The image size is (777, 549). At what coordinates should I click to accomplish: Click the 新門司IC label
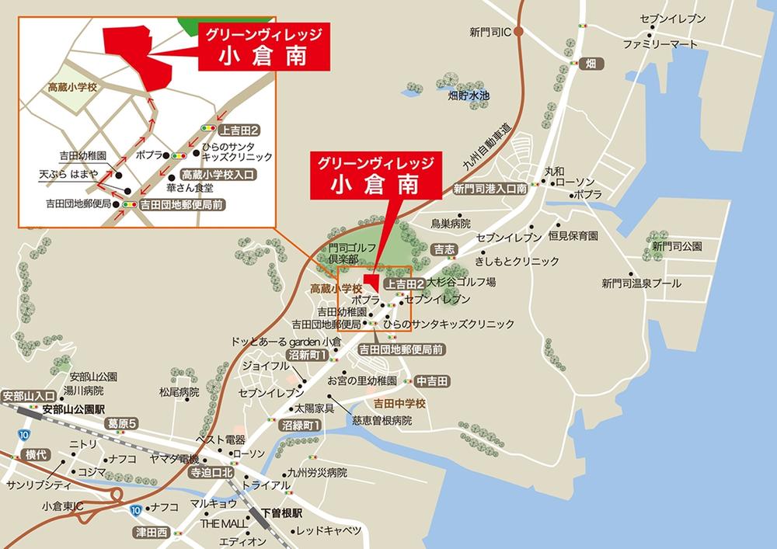489,32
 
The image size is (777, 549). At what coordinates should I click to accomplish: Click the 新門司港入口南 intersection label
490,189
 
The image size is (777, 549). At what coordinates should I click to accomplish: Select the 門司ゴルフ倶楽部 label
352,252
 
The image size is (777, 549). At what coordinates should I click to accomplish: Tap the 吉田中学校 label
400,404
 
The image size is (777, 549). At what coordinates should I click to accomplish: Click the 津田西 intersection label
151,533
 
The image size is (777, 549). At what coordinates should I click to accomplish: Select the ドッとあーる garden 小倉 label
286,342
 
